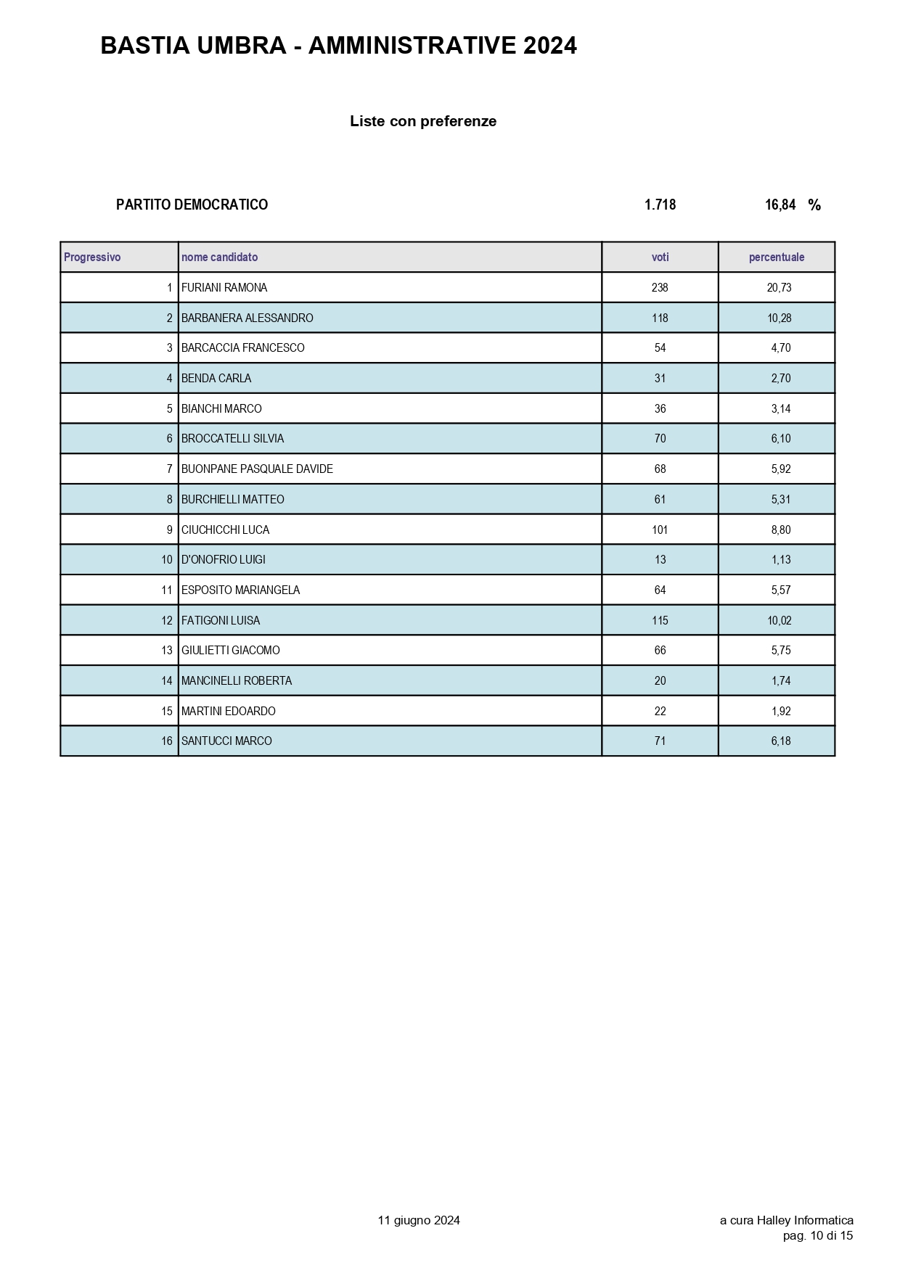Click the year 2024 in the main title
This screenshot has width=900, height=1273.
coord(549,46)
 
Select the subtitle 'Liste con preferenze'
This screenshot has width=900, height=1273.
coord(423,121)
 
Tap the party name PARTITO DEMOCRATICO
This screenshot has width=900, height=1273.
coord(192,205)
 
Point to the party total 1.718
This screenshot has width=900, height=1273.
coord(660,205)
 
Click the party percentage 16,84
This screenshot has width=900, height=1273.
coord(780,205)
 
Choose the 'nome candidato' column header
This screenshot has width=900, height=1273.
coord(219,258)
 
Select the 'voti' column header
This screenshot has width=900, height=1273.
coord(660,258)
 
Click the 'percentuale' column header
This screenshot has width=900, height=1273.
coord(777,258)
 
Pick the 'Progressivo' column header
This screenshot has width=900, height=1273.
coord(92,258)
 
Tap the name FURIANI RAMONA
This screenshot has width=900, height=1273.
coord(224,288)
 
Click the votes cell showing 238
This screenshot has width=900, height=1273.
coord(660,288)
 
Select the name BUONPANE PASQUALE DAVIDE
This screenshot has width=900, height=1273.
coord(257,469)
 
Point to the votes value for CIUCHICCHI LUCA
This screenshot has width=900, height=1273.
coord(660,530)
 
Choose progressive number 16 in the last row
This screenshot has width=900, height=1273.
coord(167,741)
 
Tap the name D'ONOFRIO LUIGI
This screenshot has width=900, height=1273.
coord(224,560)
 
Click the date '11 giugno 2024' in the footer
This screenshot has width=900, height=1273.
coord(419,1220)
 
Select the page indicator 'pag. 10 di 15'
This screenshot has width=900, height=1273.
coord(818,1235)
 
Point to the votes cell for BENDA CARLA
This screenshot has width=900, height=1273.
coord(660,379)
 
